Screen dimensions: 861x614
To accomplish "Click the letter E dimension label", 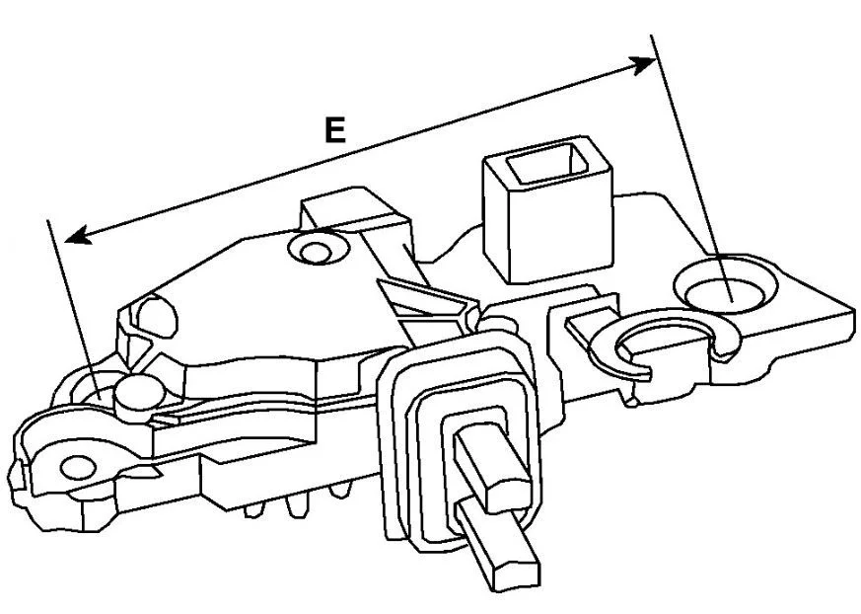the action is click(335, 129).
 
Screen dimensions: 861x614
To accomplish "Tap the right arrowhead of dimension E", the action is click(644, 64).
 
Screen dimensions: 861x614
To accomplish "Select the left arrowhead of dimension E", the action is click(77, 235).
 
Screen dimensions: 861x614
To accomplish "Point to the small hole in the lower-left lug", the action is click(78, 468).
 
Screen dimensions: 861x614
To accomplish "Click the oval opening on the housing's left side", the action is click(156, 317).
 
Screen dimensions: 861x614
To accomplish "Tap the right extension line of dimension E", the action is click(691, 168).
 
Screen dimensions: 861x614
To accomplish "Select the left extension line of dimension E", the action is click(74, 308).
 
